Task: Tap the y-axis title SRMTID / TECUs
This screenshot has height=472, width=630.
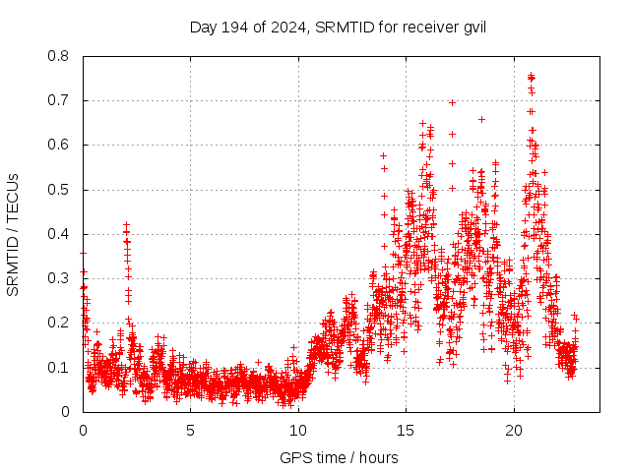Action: (x=13, y=234)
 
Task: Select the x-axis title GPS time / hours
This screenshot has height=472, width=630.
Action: (x=339, y=457)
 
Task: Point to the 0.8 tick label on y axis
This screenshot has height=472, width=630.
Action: (x=59, y=56)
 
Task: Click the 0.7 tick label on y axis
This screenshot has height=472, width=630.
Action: (x=59, y=100)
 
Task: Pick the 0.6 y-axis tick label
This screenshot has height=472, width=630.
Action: (x=59, y=145)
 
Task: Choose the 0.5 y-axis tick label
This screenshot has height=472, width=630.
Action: (x=59, y=190)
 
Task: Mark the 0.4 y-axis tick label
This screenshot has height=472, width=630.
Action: (x=59, y=234)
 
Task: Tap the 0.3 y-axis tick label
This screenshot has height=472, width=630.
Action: (x=59, y=278)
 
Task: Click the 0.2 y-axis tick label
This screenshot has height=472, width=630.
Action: (x=59, y=323)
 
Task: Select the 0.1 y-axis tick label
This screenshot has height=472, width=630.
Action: (x=59, y=368)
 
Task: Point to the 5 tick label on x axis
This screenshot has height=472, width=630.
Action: (x=191, y=431)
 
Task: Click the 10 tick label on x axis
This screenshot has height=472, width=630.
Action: (x=298, y=431)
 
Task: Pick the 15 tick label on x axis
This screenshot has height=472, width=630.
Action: (x=406, y=431)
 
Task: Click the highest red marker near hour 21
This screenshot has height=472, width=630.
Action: (x=532, y=77)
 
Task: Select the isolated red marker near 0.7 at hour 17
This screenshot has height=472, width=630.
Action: (x=452, y=102)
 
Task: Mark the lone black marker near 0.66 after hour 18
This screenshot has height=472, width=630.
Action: (x=481, y=119)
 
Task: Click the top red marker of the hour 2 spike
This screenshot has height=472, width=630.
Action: (x=126, y=225)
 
